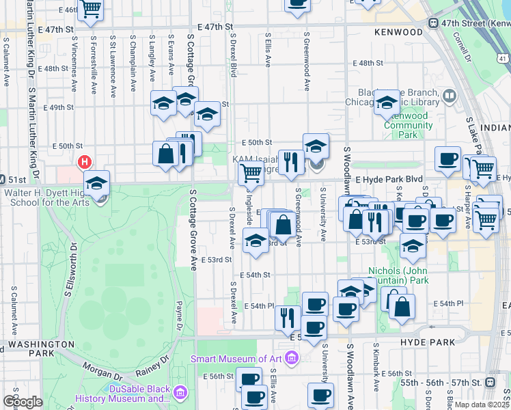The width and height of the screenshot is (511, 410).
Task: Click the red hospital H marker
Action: (85, 163)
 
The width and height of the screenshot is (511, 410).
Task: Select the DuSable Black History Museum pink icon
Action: (180, 393)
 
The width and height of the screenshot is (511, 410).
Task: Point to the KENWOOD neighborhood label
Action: (399, 32)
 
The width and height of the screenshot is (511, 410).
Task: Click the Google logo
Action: (23, 402)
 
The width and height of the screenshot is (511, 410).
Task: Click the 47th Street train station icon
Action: (433, 23)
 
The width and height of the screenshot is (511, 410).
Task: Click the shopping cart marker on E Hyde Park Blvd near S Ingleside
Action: (251, 174)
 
